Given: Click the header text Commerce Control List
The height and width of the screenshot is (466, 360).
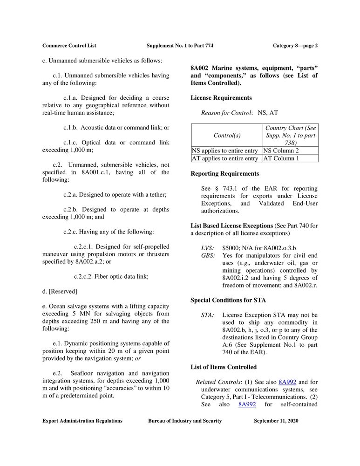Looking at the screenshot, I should coord(69,46).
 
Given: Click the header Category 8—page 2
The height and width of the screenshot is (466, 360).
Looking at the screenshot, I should coord(295,46).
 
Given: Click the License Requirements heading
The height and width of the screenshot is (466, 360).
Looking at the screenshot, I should coord(221,98).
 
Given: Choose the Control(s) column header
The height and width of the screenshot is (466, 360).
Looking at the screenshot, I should coord(227,135).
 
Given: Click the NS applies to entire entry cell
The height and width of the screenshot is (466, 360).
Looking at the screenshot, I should coord(224,151).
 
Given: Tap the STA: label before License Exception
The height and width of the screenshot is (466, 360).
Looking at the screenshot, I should coord(207,315).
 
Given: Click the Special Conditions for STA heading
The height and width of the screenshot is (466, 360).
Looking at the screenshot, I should coord(228,301).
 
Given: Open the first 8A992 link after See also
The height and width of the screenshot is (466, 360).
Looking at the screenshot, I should coord(287,382).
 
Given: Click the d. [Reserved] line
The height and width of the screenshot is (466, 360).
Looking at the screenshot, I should coord(60,291).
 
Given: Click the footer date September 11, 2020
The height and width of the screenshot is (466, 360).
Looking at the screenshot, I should coord(276,421).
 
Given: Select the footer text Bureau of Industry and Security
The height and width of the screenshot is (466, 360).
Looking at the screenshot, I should coord(185,421).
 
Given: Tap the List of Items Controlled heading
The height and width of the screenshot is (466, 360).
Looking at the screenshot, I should coord(224,367).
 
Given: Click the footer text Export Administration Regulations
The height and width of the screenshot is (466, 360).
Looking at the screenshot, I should coord(82,421).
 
